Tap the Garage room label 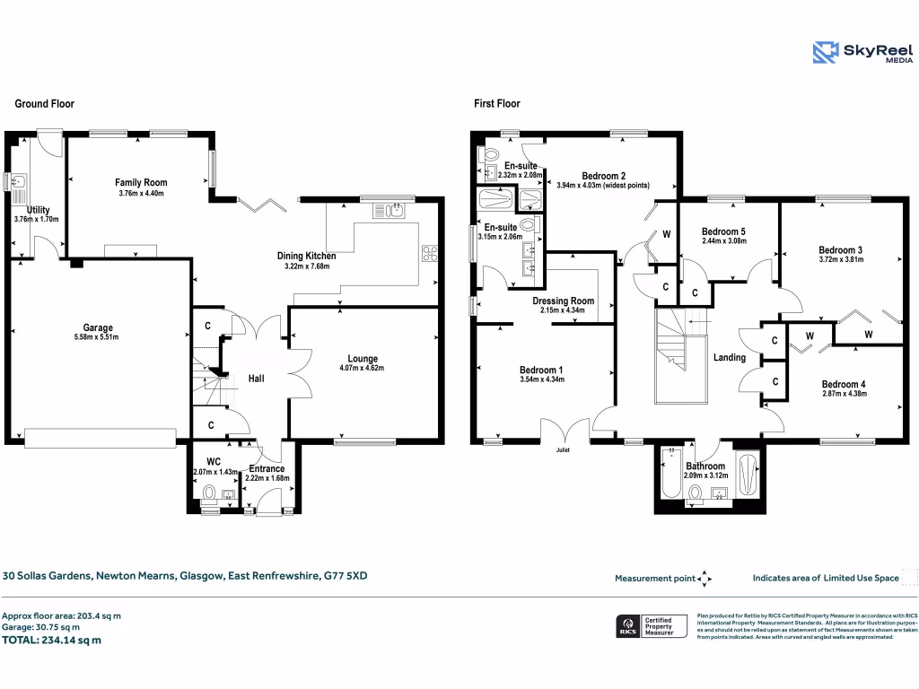[93, 327]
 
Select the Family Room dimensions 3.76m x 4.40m [142, 194]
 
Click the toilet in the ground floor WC [209, 493]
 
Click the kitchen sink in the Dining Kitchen [392, 211]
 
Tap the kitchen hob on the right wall [429, 254]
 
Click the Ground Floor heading [44, 104]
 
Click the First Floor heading [497, 104]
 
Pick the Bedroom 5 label [723, 231]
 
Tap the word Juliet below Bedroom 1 [563, 449]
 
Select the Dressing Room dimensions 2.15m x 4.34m [563, 311]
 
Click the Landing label [729, 358]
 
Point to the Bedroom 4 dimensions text [844, 393]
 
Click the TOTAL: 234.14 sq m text [52, 641]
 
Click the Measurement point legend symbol [705, 579]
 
